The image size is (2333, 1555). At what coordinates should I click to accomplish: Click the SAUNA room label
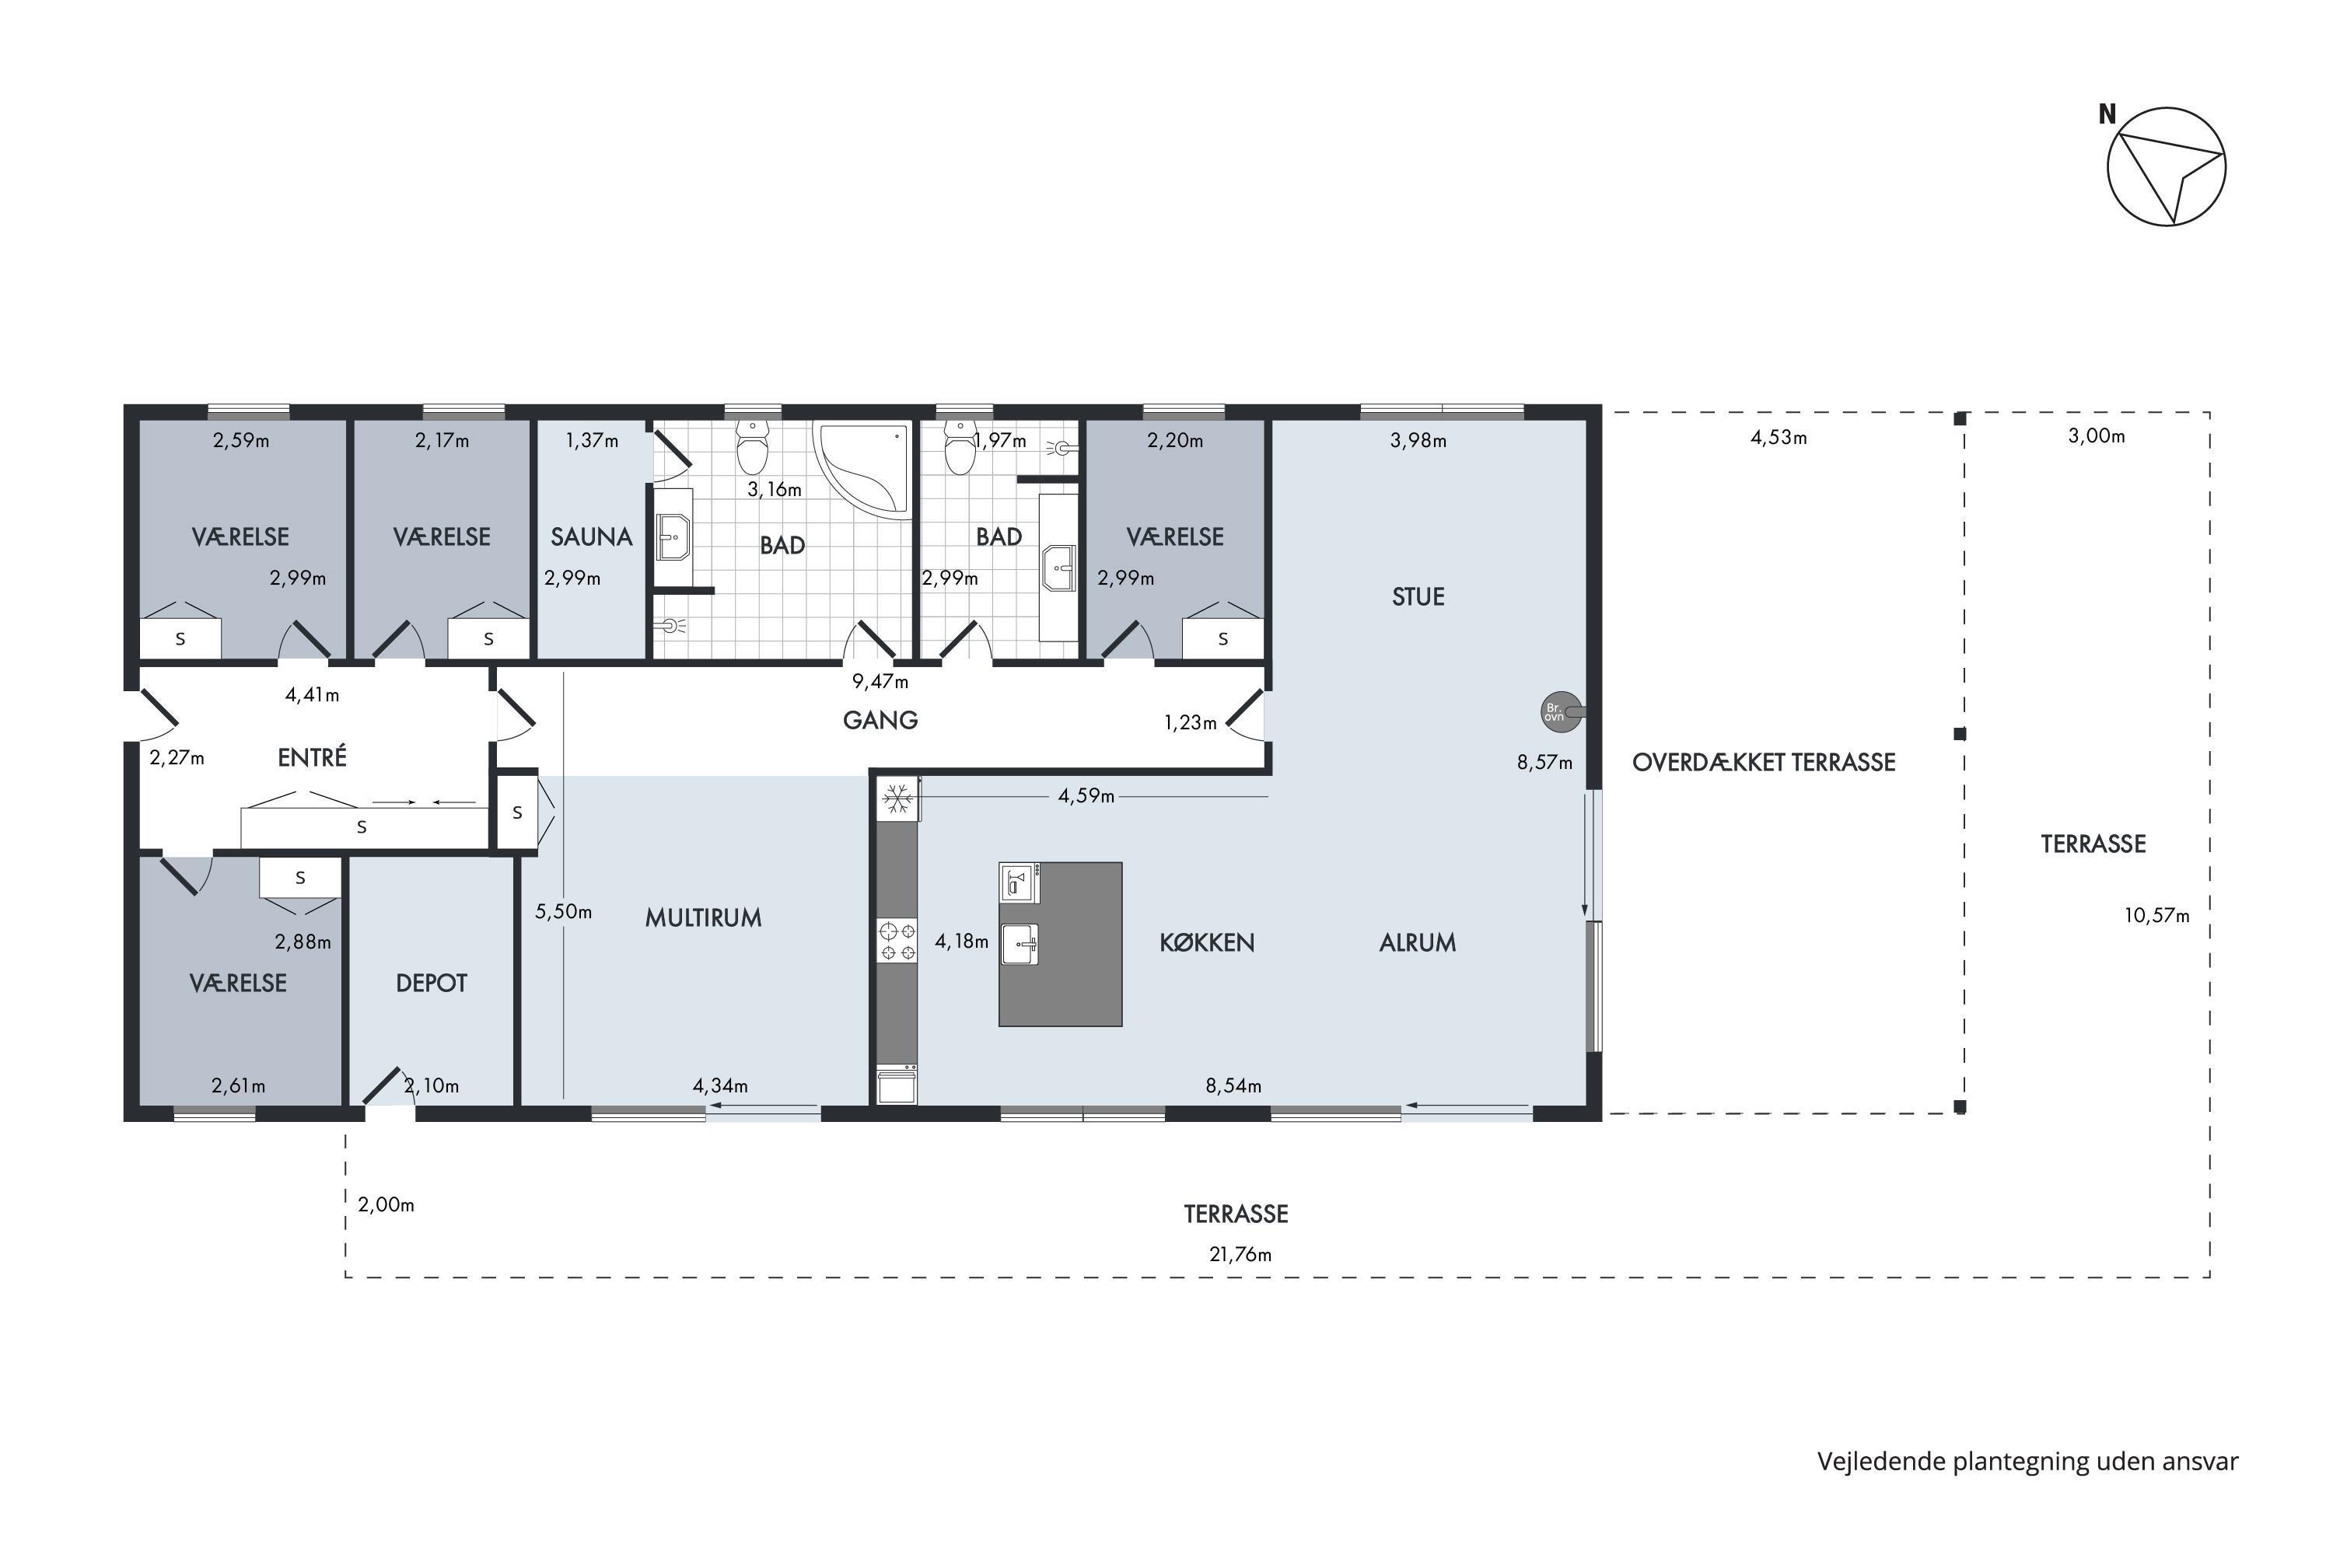(x=591, y=536)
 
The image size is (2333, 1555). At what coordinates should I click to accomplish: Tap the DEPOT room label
(x=432, y=983)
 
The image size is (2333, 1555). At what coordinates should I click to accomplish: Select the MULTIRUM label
(x=703, y=917)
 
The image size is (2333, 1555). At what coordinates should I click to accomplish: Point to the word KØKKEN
(x=1207, y=942)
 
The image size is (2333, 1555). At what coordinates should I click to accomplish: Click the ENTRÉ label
(x=313, y=757)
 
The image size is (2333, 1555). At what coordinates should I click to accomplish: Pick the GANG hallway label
(x=880, y=720)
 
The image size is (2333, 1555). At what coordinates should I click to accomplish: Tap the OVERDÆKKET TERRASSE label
(x=1764, y=762)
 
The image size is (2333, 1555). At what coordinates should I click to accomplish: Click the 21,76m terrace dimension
(x=1240, y=1253)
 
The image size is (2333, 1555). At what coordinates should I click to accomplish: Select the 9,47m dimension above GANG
(x=880, y=681)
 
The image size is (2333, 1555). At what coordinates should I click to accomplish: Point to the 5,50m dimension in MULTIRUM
(x=563, y=911)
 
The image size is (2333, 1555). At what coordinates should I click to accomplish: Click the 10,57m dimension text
(x=2156, y=915)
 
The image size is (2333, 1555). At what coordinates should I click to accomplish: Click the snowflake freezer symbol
(x=897, y=799)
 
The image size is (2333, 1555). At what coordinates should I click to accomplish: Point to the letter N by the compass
(x=2107, y=115)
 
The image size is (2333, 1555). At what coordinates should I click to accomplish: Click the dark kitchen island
(x=1061, y=944)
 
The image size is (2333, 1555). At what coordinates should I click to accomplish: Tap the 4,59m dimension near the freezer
(x=1086, y=795)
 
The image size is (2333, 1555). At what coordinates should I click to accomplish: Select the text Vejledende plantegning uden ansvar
(x=2027, y=1462)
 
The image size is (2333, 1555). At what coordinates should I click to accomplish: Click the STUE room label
(x=1418, y=597)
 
